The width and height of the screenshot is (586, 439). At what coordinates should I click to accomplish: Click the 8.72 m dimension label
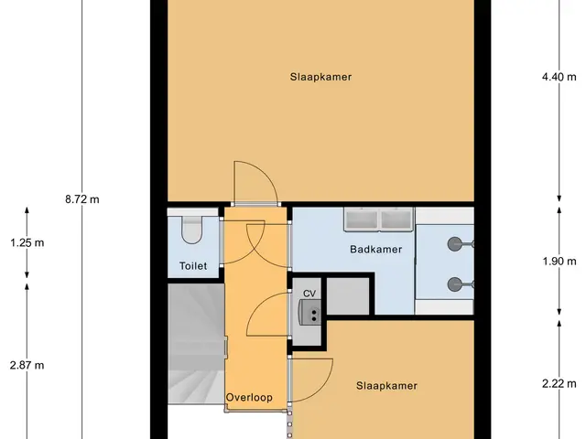tap(82, 199)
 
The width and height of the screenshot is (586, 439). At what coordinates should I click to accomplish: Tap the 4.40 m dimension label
tap(559, 77)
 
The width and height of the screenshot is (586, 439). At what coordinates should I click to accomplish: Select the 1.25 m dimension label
tap(27, 243)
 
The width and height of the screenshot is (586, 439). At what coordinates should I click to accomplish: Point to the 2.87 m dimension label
tap(27, 365)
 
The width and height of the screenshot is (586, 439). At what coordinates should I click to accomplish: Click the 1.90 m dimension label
tap(559, 262)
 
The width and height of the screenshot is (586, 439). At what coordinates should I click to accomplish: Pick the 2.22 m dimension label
tap(559, 383)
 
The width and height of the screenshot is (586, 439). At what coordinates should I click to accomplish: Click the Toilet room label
tap(193, 266)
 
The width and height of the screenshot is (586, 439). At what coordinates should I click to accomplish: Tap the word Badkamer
tap(376, 250)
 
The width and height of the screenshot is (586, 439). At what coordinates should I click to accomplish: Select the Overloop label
tap(249, 397)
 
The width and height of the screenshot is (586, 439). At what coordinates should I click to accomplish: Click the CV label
tap(309, 294)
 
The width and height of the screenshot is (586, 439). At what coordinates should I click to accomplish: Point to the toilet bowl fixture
tap(192, 230)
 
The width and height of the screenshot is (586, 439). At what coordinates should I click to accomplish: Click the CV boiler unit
tap(309, 312)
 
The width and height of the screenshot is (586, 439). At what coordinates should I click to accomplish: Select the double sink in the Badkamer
tap(379, 219)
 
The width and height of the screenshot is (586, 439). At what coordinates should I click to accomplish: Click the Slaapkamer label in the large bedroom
tap(320, 77)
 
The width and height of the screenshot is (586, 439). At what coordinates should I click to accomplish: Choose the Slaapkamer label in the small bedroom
tap(386, 386)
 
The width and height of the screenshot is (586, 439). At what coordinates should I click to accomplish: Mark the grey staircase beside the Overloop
tap(196, 344)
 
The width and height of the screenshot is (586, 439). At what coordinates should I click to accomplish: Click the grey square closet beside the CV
tap(348, 296)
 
